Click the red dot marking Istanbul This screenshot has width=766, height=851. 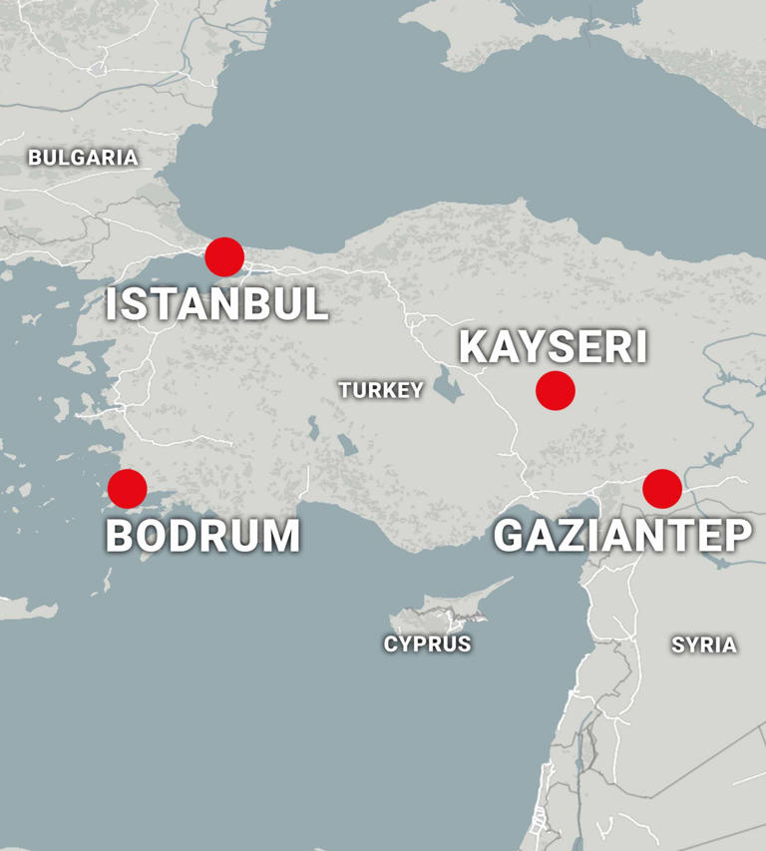(224, 256)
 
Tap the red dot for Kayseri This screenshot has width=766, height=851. (556, 390)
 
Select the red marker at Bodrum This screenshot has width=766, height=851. (127, 489)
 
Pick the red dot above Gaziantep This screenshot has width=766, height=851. (662, 489)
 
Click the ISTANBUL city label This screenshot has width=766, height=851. (216, 304)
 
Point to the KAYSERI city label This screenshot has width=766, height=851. (553, 347)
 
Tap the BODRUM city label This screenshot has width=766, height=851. (202, 536)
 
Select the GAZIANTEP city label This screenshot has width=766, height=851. (622, 536)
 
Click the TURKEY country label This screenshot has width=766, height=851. (381, 390)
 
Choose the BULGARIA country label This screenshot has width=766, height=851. (83, 157)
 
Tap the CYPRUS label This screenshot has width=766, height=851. (427, 644)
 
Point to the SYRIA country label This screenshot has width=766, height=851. (704, 645)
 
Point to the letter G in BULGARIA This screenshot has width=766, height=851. (83, 157)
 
